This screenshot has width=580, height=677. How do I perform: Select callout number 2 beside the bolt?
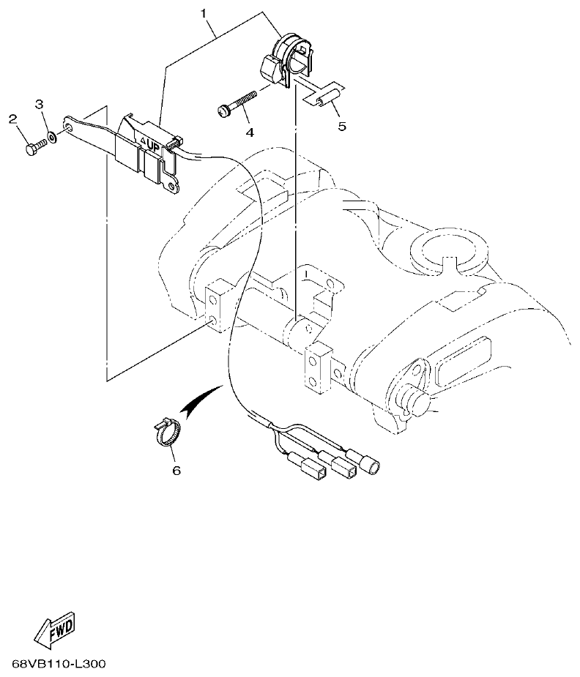point(12,119)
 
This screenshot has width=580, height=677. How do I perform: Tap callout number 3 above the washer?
point(40,105)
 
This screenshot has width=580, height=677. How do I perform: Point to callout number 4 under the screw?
point(250,132)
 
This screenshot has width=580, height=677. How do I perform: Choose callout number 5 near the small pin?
point(342,126)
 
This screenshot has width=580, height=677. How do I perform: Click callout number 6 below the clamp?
point(176,471)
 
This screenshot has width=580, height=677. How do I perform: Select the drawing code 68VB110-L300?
point(59,665)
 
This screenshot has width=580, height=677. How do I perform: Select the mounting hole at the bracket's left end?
point(69,128)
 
